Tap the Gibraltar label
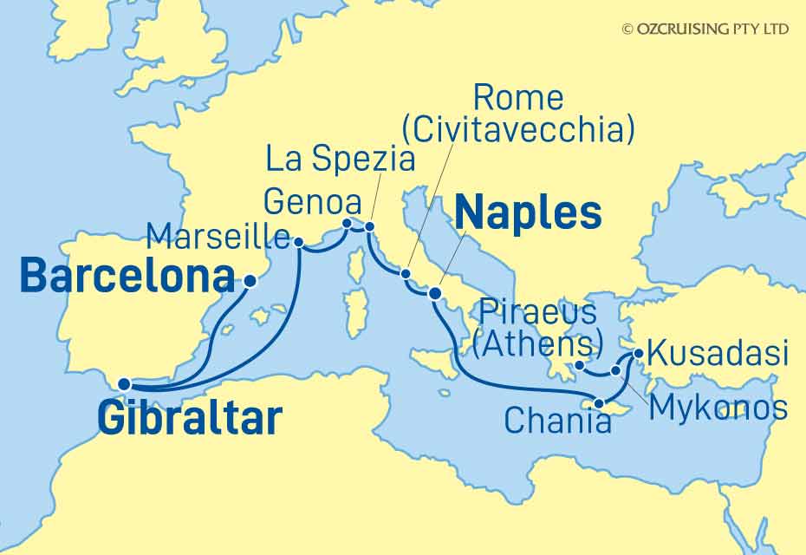point(190,418)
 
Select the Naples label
point(528,212)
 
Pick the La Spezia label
point(339,160)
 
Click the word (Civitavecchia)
point(519,130)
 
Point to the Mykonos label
point(718,407)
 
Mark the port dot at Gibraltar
point(124,384)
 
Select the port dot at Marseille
point(299,243)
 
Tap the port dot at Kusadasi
point(639,354)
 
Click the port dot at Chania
point(599,403)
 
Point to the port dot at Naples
point(435,295)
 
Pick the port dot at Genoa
point(347,224)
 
